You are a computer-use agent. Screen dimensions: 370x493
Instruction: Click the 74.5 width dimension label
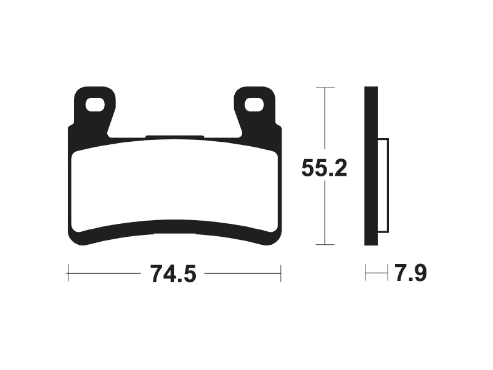pos(173,273)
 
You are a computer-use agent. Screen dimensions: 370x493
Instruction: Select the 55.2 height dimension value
pos(324,168)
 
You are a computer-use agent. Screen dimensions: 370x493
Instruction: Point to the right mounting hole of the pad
pos(254,105)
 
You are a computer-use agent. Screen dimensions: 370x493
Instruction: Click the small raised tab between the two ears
pos(174,137)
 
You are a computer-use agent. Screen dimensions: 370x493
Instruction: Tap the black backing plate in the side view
pos(370,166)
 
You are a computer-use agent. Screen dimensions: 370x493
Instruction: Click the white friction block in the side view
pos(383,185)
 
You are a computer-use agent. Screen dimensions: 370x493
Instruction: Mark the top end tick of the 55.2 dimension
pos(325,88)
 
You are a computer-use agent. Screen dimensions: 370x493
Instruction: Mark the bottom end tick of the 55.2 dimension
pos(325,245)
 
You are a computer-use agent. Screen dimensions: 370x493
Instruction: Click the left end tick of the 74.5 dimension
pos(68,273)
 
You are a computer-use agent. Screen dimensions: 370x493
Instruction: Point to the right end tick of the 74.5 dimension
pos(281,273)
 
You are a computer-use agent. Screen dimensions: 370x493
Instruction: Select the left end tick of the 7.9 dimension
pos(365,273)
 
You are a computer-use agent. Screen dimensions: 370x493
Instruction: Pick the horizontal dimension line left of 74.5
pos(105,273)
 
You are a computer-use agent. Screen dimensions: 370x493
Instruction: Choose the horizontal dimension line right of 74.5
pos(243,273)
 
